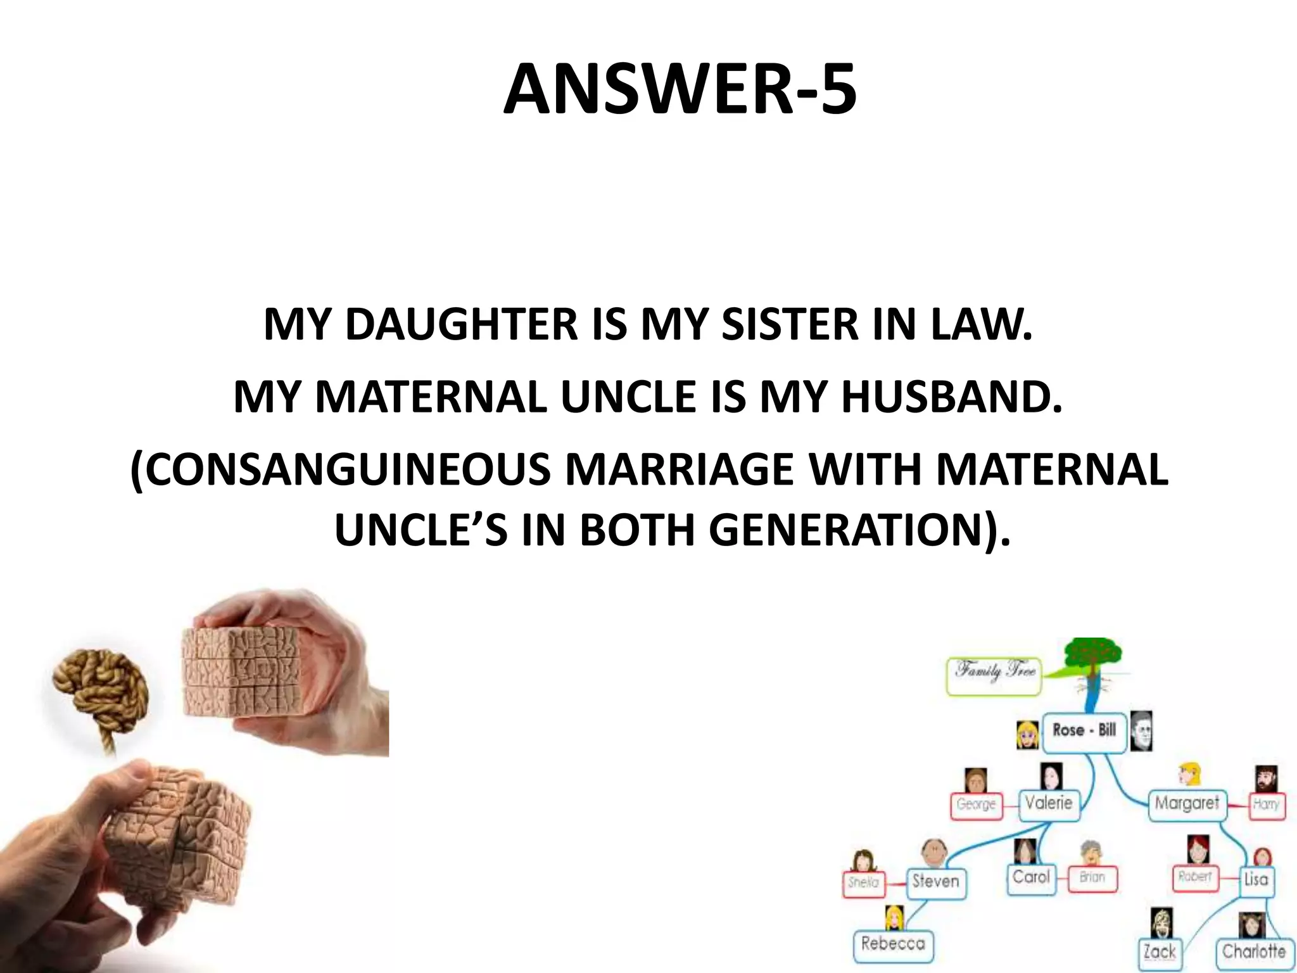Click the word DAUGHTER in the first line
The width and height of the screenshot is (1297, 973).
pos(461,324)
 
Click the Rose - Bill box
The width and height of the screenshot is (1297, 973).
pos(1084,730)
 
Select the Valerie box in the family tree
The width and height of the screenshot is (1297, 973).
pos(1049,804)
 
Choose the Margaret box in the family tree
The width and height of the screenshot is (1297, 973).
pos(1186,804)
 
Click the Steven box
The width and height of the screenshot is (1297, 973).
pos(935,881)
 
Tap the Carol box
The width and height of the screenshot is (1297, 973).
pos(1031,877)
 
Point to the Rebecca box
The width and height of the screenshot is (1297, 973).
pos(893,944)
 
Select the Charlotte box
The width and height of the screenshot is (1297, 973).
pos(1253,951)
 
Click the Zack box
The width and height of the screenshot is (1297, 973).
pos(1160,951)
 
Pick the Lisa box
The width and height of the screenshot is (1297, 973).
pos(1255,879)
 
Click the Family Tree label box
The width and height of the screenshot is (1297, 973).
pos(994,676)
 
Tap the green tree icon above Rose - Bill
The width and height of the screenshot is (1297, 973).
pos(1093,659)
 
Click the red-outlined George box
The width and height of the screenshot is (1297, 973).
pos(976,804)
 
